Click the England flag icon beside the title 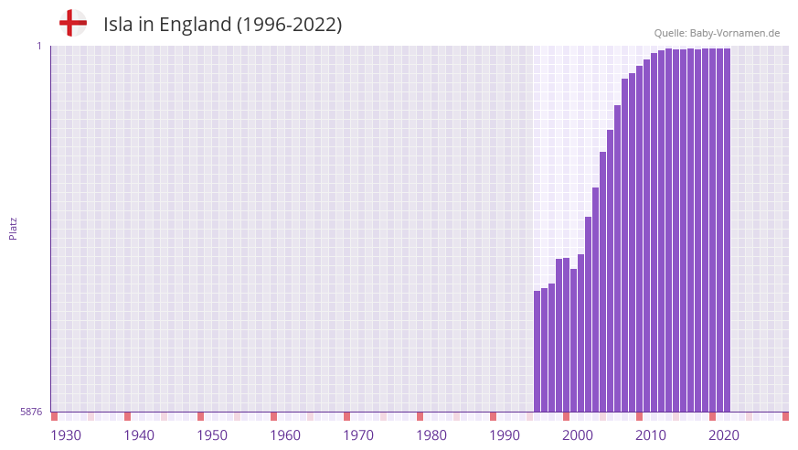[72, 23]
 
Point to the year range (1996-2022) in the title [289, 25]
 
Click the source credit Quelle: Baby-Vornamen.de [717, 33]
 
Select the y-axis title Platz [13, 228]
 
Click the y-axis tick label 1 [38, 46]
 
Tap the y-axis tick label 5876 [31, 412]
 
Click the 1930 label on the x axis [66, 435]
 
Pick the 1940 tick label [139, 435]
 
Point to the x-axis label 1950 [212, 435]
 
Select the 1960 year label [285, 435]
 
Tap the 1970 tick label [358, 435]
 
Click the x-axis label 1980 [431, 435]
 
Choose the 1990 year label [505, 435]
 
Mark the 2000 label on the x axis [578, 435]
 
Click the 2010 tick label [651, 435]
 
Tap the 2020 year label [724, 435]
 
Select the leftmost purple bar [537, 351]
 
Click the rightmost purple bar [727, 229]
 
